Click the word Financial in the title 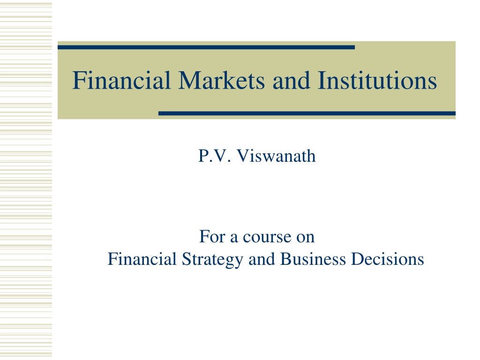pos(121,80)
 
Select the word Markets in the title pos(221,80)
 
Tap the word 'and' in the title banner pos(291,80)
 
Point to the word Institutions pos(377,80)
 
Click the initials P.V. pos(214,156)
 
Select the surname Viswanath pos(276,156)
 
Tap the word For pos(212,236)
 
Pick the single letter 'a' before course pos(234,238)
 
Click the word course pos(267,238)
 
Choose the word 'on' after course pos(305,238)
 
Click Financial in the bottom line pos(142,259)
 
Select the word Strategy pos(212,260)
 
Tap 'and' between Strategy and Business pos(262,259)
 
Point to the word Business pos(313,259)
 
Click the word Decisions pos(388,259)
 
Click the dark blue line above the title pos(206,47)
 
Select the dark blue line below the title pos(307,113)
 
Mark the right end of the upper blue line pos(354,47)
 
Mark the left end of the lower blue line pos(159,113)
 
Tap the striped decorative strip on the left pos(26,180)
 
